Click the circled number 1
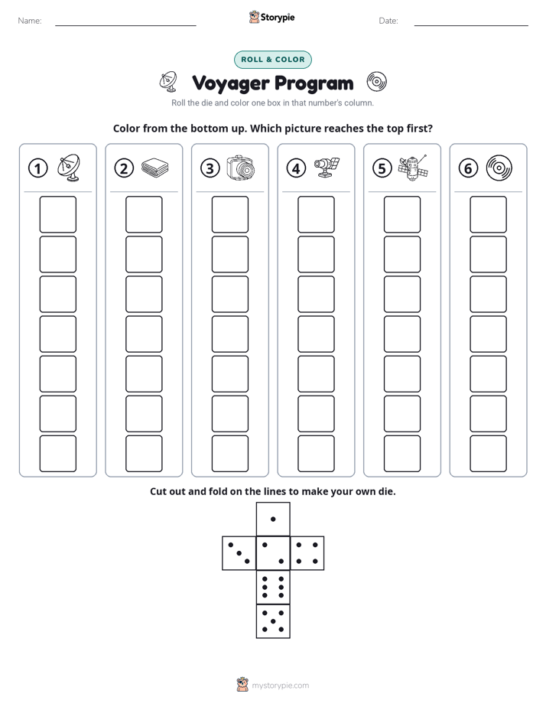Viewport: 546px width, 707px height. tap(37, 168)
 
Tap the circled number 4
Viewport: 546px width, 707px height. tap(296, 168)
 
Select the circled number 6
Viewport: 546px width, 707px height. tap(468, 168)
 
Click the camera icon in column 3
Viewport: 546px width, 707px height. tap(241, 168)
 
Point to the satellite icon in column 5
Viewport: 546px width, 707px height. tap(413, 168)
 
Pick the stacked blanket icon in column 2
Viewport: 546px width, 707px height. tap(155, 168)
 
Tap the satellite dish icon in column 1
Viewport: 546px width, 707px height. tap(69, 168)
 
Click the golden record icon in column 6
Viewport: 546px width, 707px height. tap(499, 168)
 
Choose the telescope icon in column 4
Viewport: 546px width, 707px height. tap(327, 168)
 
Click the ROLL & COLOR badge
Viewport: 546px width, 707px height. tap(273, 60)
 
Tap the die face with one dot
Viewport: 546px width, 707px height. tap(273, 520)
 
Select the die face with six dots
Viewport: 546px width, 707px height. tap(273, 587)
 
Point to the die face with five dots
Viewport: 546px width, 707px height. tap(273, 621)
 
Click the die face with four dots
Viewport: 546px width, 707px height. tap(307, 553)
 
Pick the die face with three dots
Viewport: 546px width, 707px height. tap(239, 553)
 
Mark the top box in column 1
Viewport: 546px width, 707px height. tap(57, 214)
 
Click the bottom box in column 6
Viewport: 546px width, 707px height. tap(489, 454)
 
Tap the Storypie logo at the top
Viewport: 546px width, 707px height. tap(271, 18)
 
